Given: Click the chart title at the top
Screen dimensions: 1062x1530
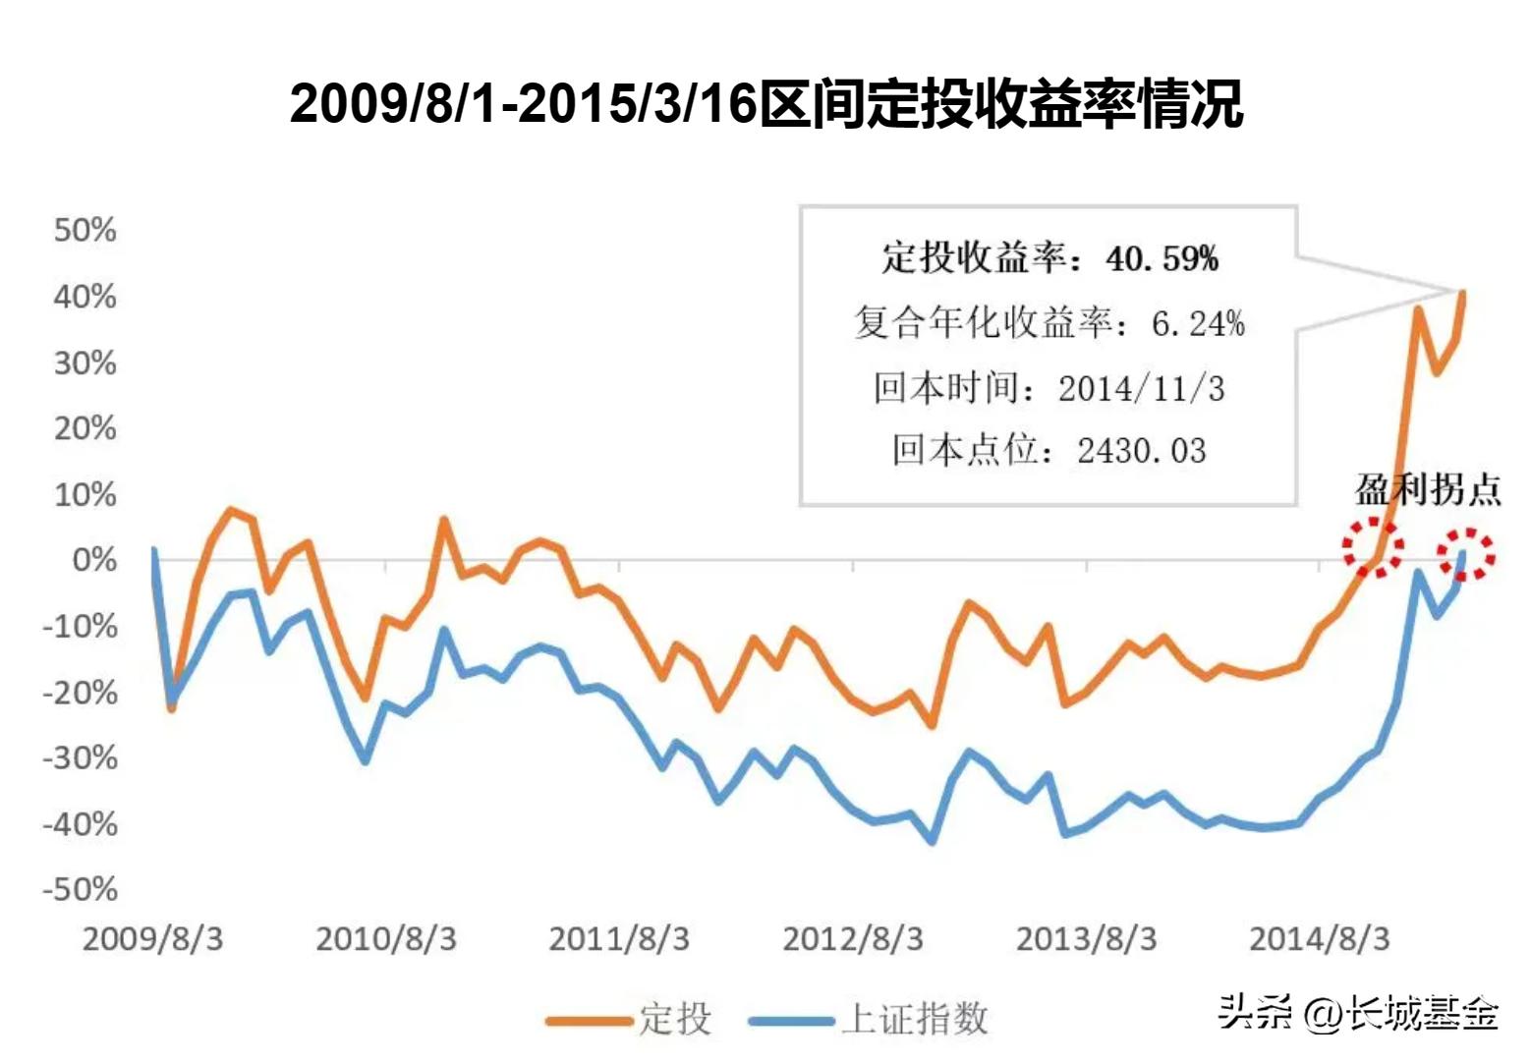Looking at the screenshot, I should click(766, 104).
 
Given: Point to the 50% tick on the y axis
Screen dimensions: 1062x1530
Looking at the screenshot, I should click(85, 231).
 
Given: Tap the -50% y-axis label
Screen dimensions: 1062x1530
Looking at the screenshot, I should click(80, 890).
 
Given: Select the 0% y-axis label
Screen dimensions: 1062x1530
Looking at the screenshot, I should click(94, 560).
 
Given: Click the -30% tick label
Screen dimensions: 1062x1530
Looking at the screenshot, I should click(80, 758).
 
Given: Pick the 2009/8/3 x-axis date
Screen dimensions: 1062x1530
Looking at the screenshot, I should click(152, 939).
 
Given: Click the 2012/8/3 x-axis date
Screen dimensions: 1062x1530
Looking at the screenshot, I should click(852, 939).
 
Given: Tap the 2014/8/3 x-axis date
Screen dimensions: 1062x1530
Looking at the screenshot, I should click(1319, 939).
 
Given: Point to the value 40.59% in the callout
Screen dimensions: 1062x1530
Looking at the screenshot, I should click(1162, 258).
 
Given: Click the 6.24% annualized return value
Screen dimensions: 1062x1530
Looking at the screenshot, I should click(1198, 323).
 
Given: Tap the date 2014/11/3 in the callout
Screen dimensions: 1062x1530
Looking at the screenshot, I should click(1141, 389).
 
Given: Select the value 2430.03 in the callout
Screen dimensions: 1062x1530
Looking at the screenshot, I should click(1141, 451).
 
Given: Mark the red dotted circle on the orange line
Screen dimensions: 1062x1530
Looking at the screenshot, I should click(1373, 547).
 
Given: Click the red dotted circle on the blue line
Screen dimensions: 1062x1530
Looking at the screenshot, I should click(1466, 554).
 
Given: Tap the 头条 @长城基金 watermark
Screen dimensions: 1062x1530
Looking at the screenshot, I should click(1359, 1012).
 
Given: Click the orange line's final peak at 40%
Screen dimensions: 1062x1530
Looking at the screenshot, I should click(1462, 293).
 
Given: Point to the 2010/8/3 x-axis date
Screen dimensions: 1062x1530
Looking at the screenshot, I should click(385, 939).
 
